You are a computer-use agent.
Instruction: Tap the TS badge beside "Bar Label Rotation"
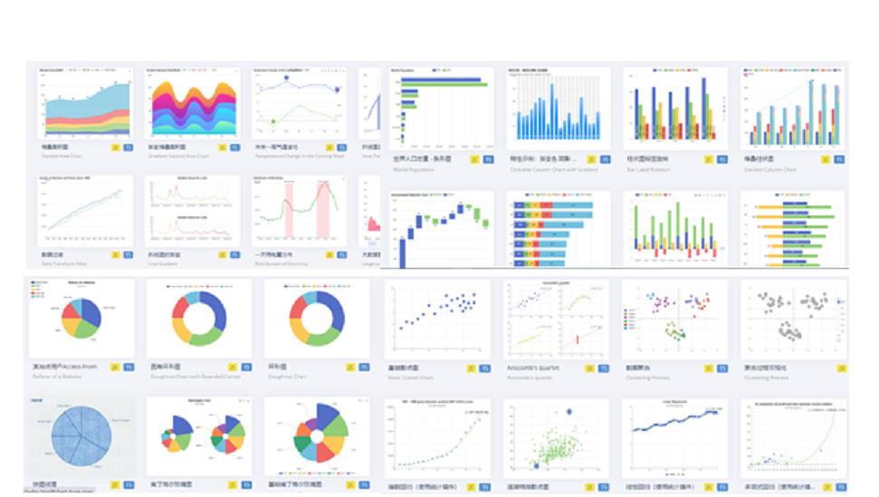point(721,159)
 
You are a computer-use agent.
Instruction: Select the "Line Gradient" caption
point(166,265)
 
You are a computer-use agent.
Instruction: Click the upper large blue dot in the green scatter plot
point(569,412)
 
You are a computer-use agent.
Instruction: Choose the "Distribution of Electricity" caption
point(282,265)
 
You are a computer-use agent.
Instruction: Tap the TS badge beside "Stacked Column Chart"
point(839,159)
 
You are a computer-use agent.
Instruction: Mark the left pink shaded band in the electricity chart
point(290,207)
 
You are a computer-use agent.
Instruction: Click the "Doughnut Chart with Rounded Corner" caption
point(195,378)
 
